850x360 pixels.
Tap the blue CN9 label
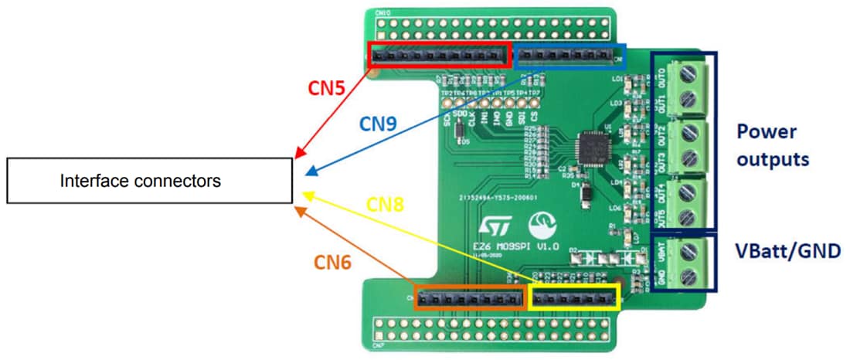click(x=379, y=123)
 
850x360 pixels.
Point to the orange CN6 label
click(x=333, y=262)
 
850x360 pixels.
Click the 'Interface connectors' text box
click(x=149, y=182)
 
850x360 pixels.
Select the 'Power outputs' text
click(x=772, y=145)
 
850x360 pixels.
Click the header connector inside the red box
click(x=438, y=56)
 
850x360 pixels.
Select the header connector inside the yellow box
click(x=573, y=297)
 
